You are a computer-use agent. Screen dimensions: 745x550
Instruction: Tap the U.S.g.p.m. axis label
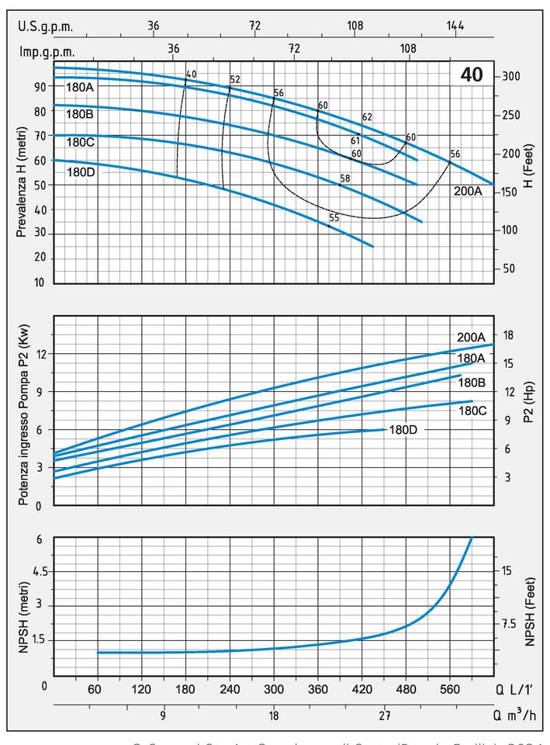click(45, 26)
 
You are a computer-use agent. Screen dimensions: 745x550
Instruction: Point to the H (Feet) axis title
click(529, 172)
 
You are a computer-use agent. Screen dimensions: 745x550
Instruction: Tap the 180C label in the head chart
click(80, 142)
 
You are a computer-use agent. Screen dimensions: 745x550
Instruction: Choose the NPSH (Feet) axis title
click(529, 612)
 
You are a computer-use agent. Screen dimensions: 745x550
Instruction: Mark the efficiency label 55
click(334, 218)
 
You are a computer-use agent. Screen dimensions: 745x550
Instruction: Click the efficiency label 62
click(367, 117)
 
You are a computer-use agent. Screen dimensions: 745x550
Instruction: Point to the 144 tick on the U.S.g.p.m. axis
click(455, 26)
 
